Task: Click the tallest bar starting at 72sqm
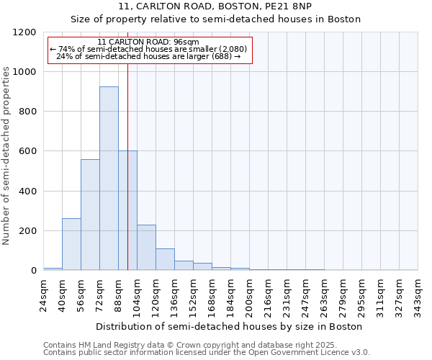tap(109, 179)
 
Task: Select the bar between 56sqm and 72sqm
tap(90, 215)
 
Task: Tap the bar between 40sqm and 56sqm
tap(71, 244)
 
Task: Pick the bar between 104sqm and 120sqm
tap(146, 248)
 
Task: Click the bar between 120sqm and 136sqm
tap(165, 259)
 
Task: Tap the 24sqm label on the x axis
tap(43, 294)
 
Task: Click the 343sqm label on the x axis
tap(418, 294)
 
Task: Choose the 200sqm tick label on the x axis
tap(249, 294)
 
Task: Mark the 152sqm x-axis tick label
tap(193, 294)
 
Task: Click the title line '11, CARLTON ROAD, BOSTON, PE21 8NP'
tap(216, 6)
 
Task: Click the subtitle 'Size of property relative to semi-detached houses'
tap(216, 19)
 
